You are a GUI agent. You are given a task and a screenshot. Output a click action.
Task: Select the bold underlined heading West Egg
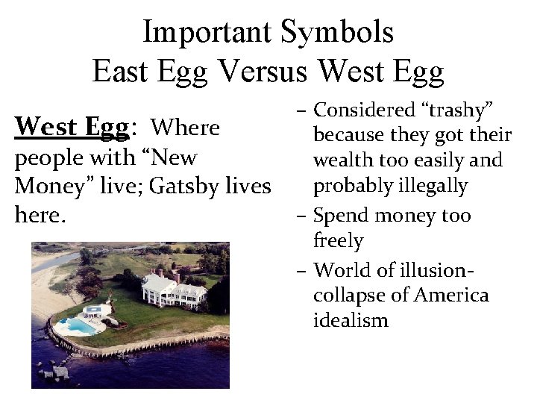(x=71, y=128)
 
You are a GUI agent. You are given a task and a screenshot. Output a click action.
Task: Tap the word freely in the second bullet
(x=338, y=241)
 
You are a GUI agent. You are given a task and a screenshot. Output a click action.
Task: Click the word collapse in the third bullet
(x=346, y=295)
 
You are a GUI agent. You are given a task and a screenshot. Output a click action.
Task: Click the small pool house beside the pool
(x=94, y=311)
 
